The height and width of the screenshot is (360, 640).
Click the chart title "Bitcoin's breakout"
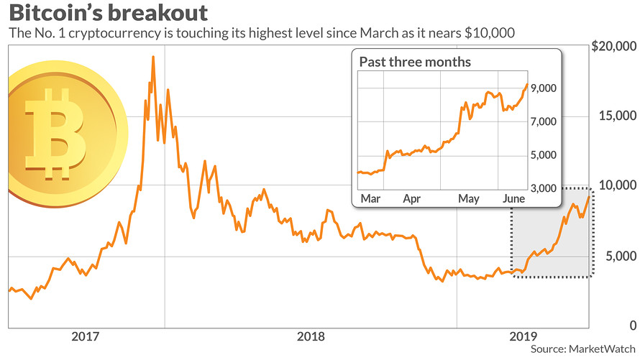coord(109,13)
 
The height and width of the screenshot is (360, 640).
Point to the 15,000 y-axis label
coord(613,116)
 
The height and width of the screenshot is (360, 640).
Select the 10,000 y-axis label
coord(613,185)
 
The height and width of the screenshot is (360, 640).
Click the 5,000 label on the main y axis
coord(616,256)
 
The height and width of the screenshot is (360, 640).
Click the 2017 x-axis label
coord(86,336)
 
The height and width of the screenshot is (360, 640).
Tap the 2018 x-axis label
coord(311,336)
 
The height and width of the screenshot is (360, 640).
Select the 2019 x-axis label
coord(524,336)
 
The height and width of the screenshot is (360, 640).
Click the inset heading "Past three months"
coord(415,62)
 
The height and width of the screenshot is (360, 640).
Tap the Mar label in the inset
coord(370,198)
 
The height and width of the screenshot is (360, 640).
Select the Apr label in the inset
coord(412,198)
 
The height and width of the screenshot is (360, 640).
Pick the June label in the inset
coord(513,198)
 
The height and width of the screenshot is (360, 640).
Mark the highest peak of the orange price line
coord(153,57)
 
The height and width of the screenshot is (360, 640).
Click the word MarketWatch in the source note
coord(601,349)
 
